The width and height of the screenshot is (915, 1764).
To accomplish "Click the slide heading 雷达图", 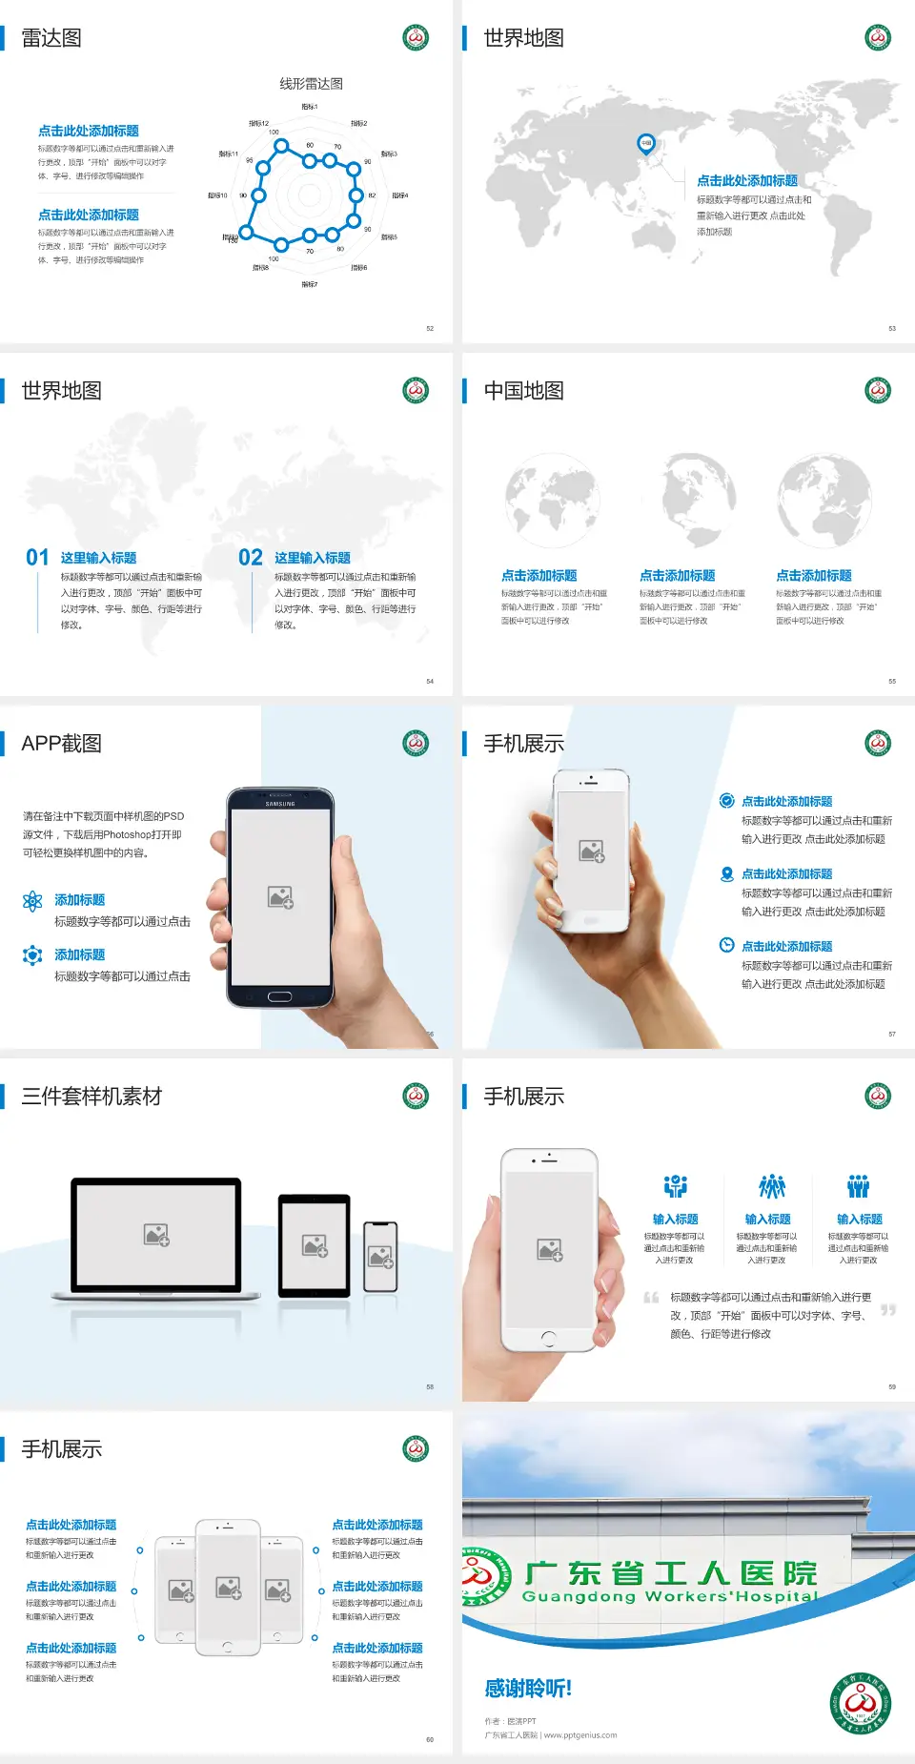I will tap(51, 38).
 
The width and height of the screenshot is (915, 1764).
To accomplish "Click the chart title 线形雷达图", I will tap(311, 84).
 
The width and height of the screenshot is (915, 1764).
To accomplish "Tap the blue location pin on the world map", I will tap(646, 144).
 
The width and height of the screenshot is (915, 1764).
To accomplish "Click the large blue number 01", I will tap(37, 558).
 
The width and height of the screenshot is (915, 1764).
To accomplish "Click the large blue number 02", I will tap(251, 558).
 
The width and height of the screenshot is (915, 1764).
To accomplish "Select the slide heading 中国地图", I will tap(523, 391).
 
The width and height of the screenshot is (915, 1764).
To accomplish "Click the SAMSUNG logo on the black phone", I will tap(280, 804).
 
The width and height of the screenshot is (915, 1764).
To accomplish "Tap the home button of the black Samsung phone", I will tap(279, 996).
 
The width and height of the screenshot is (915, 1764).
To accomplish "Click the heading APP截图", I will tap(61, 744).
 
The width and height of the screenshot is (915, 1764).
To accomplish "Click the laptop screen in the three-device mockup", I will tap(156, 1235).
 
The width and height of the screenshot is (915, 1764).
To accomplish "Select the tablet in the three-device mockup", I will tap(315, 1244).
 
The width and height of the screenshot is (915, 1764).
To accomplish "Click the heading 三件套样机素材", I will tap(91, 1097).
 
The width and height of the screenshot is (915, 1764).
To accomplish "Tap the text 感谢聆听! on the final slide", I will tap(528, 1689).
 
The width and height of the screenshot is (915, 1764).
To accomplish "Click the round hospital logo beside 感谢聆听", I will tap(861, 1703).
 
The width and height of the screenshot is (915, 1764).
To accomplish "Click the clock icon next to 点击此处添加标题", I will tap(726, 945).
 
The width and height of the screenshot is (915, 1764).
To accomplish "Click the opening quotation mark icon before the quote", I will tap(651, 1298).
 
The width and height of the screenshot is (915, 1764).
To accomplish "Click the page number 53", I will tap(892, 328).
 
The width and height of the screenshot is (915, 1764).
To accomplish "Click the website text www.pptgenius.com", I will tap(580, 1735).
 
